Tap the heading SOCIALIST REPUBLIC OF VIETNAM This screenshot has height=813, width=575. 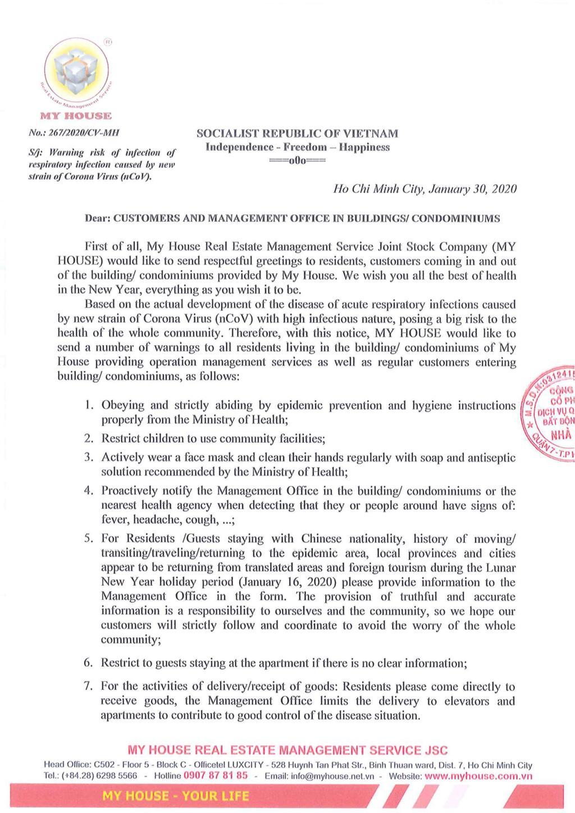pyautogui.click(x=297, y=134)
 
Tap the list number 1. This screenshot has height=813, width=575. pyautogui.click(x=89, y=405)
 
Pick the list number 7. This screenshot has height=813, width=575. pyautogui.click(x=88, y=686)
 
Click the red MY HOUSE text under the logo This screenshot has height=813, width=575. pyautogui.click(x=76, y=116)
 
